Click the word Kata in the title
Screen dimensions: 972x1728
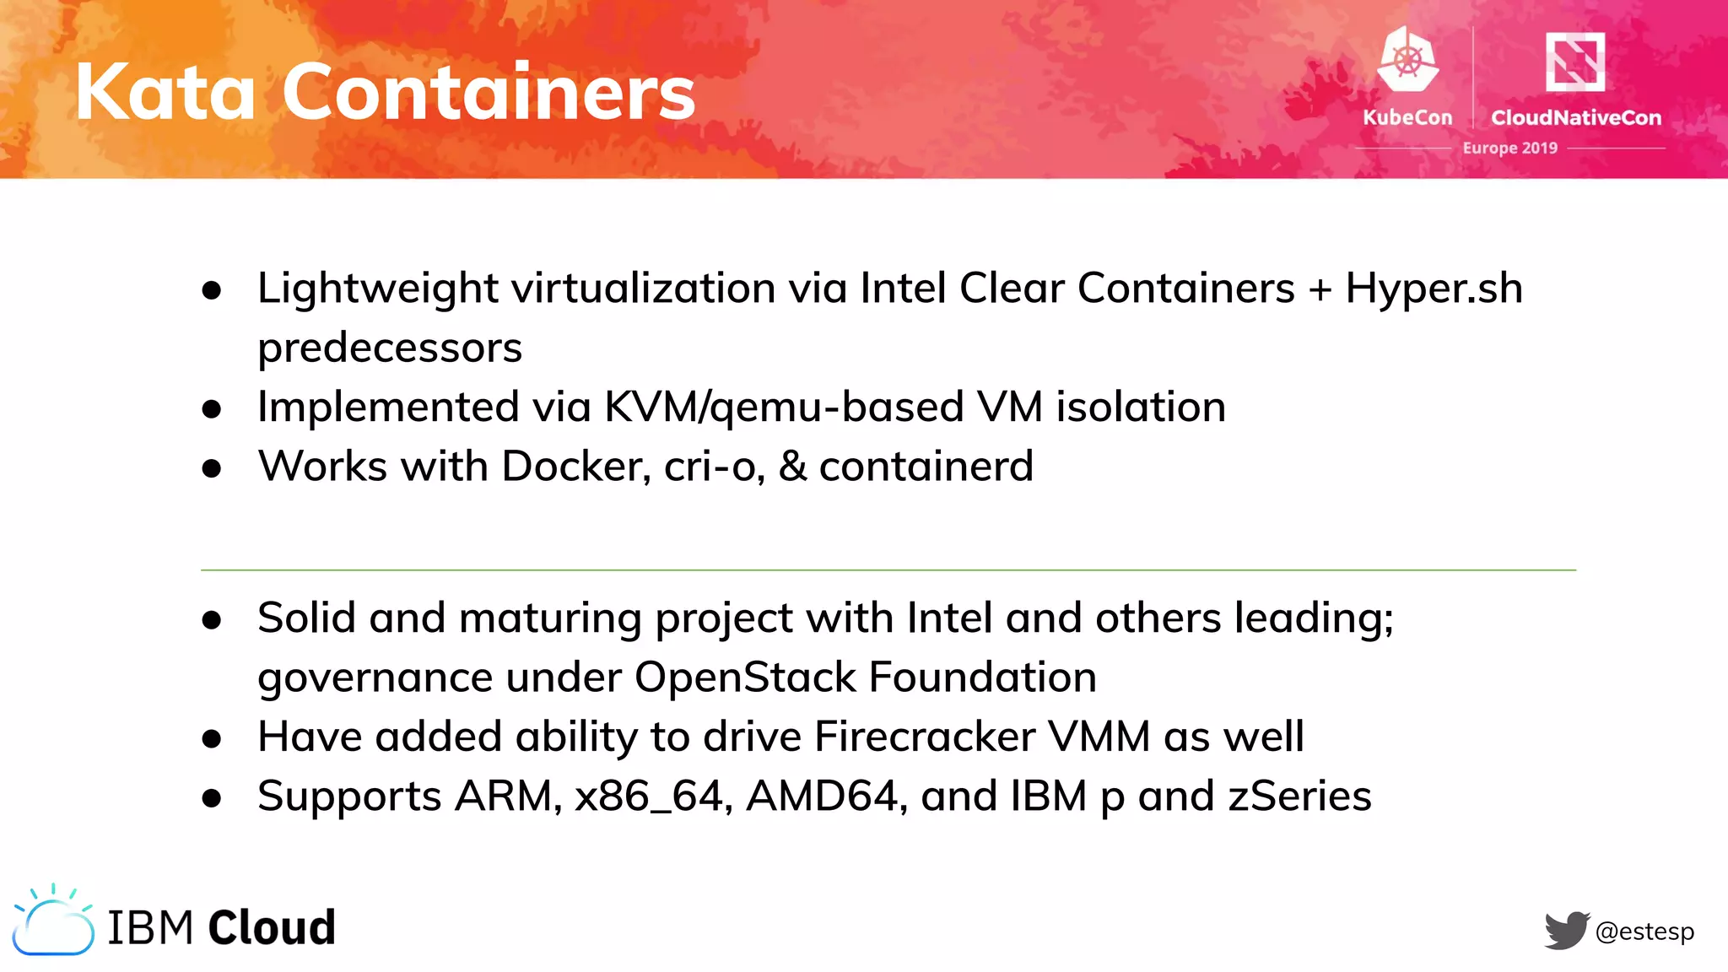click(x=165, y=92)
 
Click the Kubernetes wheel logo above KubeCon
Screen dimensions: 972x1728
click(x=1407, y=59)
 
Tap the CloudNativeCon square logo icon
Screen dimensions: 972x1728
click(x=1574, y=61)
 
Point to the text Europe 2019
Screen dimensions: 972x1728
click(x=1509, y=148)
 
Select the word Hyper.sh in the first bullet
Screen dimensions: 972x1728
click(x=1434, y=289)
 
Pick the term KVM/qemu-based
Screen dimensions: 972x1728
click(x=784, y=408)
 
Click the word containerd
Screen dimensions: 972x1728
click(x=926, y=467)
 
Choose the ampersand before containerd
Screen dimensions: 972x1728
click(x=792, y=467)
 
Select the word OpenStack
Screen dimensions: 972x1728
click(x=745, y=678)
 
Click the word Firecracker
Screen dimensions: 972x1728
click(x=924, y=737)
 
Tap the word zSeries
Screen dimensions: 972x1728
click(x=1299, y=796)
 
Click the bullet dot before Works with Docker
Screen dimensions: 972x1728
click(x=212, y=468)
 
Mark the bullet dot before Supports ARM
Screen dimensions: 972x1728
click(x=212, y=798)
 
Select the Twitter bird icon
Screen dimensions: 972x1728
click(x=1567, y=931)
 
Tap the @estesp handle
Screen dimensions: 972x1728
click(x=1644, y=931)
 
